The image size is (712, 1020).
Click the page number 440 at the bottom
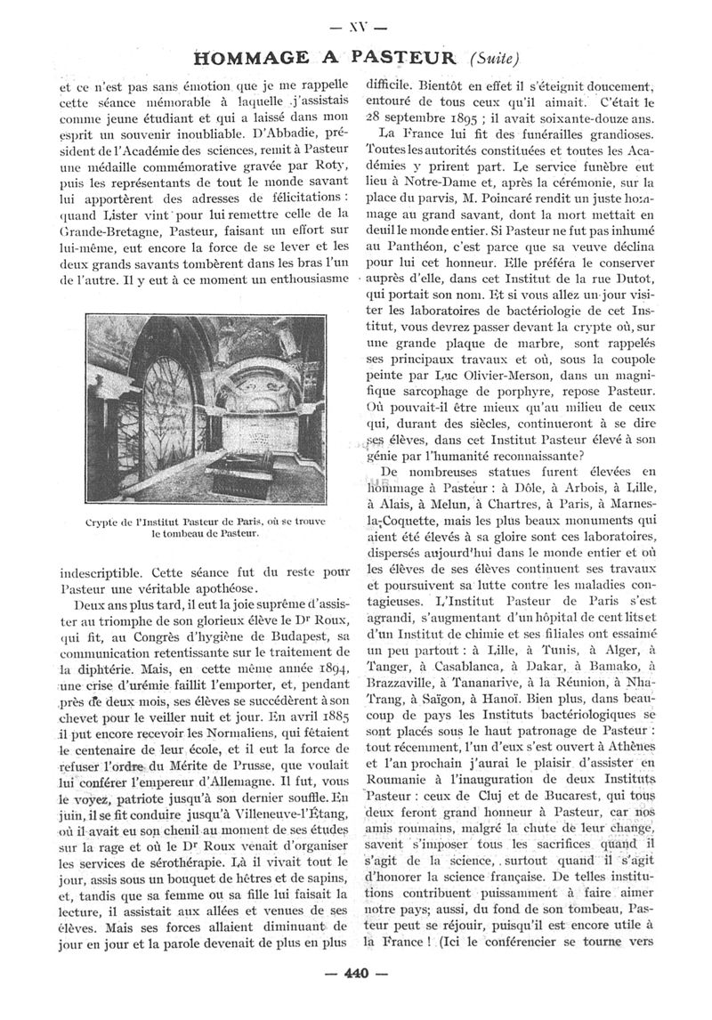click(355, 974)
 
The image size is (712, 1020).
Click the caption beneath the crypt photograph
click(204, 527)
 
